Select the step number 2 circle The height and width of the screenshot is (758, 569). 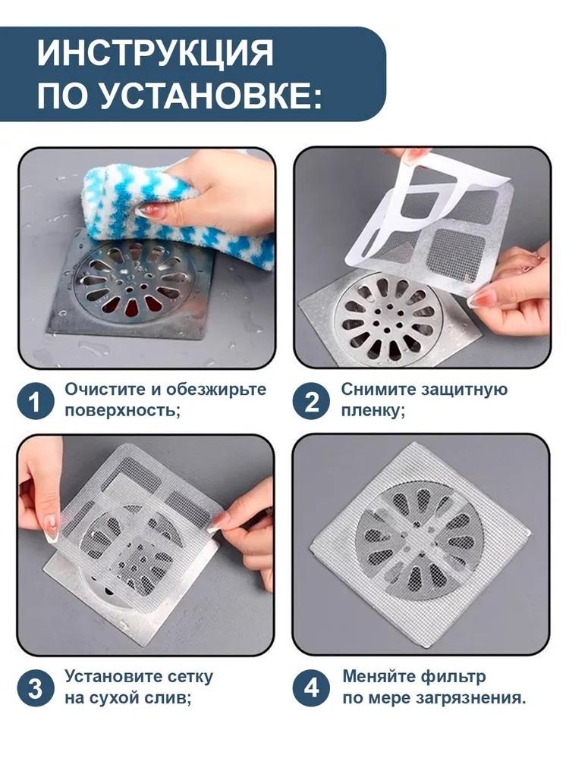312,400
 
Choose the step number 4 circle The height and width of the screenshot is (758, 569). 312,688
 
